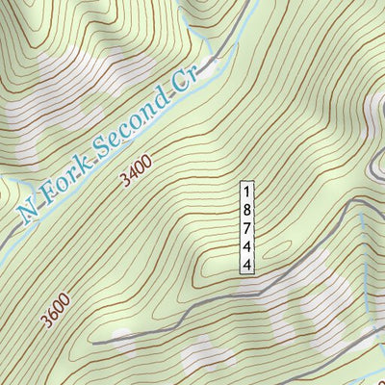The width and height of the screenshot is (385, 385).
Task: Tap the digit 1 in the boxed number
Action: pyautogui.click(x=247, y=190)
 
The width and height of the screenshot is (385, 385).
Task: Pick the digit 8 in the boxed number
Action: pyautogui.click(x=247, y=208)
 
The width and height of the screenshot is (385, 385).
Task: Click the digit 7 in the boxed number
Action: pyautogui.click(x=247, y=226)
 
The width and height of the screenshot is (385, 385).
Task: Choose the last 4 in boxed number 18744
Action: pyautogui.click(x=247, y=263)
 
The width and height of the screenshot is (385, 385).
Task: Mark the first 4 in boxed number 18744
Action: pyautogui.click(x=247, y=244)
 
